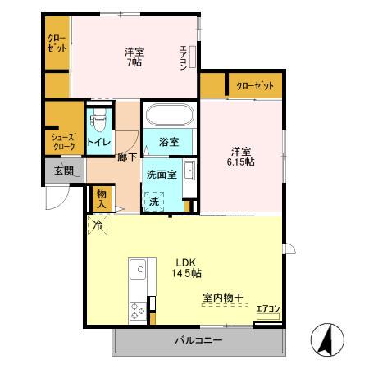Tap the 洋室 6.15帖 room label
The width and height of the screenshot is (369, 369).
coord(240,156)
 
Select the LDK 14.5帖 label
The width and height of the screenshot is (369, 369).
coord(188,267)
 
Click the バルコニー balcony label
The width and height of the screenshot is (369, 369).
coord(198,339)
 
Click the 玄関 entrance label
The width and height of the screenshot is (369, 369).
coord(64,171)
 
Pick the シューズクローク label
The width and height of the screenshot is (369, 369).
coord(63,142)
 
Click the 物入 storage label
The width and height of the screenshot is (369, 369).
coord(102,198)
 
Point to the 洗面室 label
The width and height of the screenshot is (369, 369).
coord(162,174)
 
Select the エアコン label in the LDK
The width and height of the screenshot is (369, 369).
coord(268,309)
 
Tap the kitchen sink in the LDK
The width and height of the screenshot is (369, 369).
coord(137,268)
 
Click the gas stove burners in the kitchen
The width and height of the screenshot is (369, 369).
coord(136,310)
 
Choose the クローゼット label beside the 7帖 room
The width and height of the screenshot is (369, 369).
coord(57,43)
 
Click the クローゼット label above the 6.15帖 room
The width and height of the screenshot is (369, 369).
coord(256,86)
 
